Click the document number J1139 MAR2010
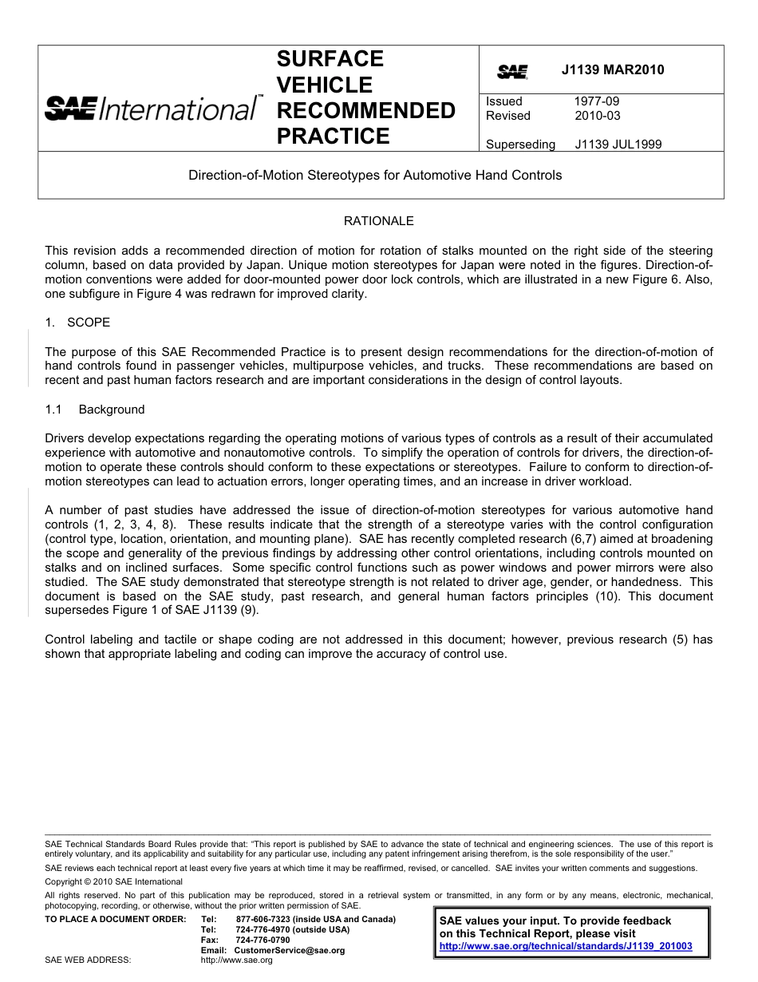click(612, 70)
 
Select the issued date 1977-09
click(596, 101)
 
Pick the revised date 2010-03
click(596, 116)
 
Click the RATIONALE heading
click(378, 221)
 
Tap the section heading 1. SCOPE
click(77, 323)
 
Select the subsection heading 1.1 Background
click(95, 410)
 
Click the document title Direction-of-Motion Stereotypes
click(375, 175)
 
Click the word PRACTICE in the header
click(333, 137)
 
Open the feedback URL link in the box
click(566, 946)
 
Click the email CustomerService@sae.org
click(290, 951)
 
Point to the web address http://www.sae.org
click(237, 960)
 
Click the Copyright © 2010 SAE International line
click(113, 881)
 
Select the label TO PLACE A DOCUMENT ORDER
click(115, 920)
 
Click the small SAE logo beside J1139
click(512, 72)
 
